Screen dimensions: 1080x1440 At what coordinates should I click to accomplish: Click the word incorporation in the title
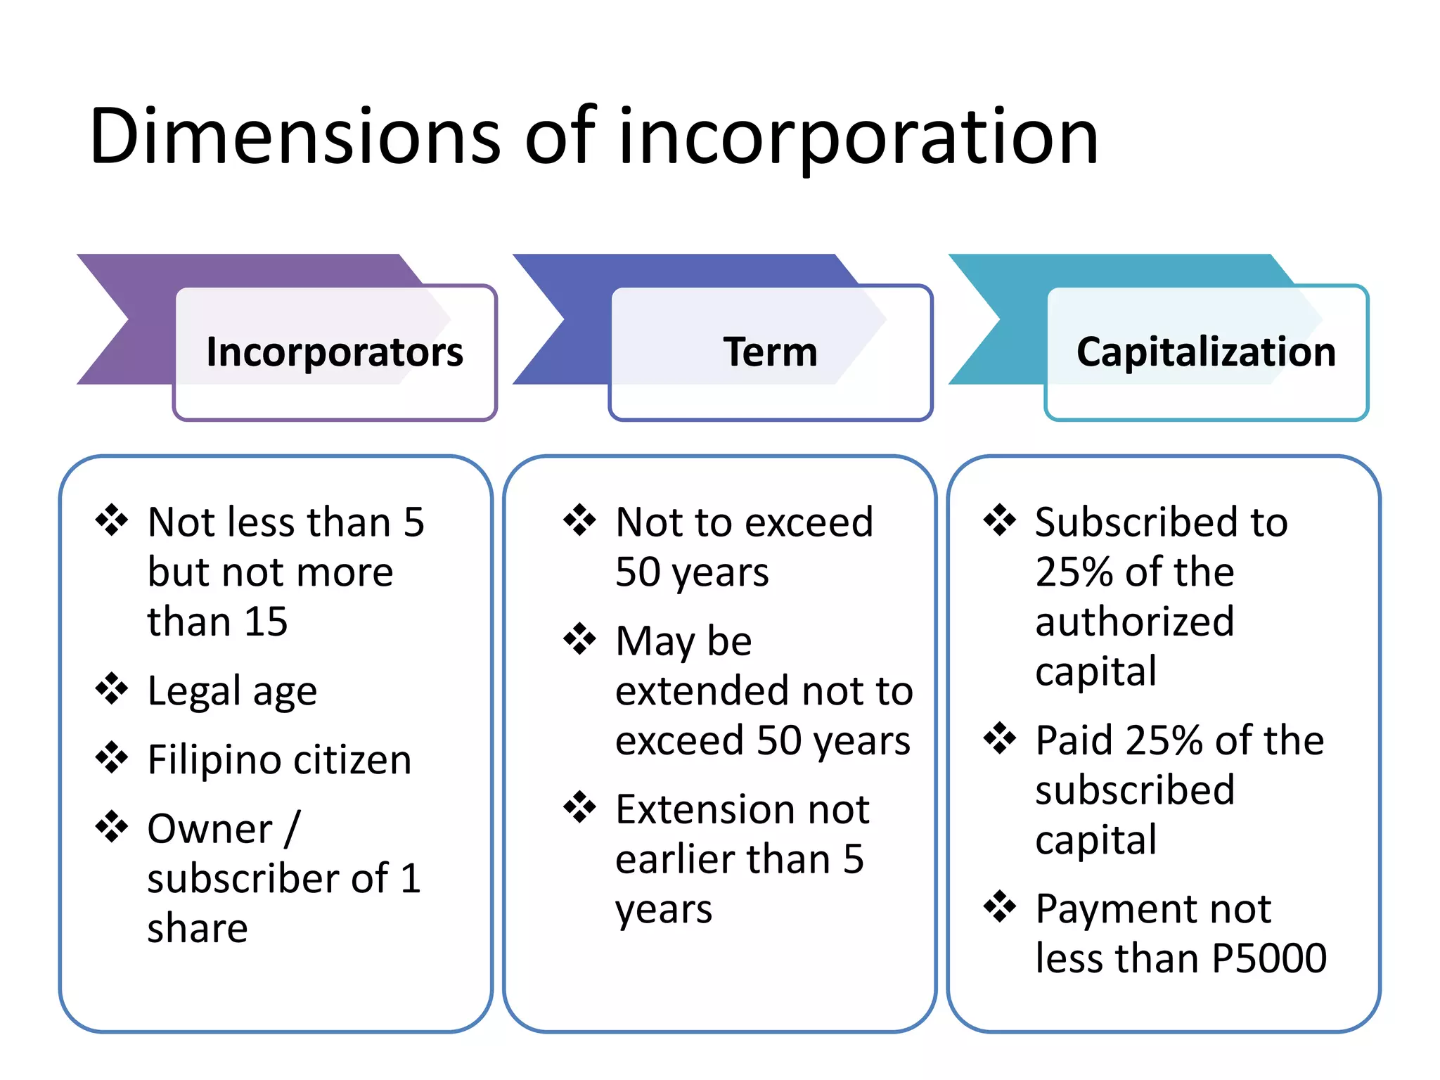pos(858,137)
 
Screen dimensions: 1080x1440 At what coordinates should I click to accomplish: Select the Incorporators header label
pos(335,352)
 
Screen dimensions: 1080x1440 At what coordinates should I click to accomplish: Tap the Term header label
pos(771,352)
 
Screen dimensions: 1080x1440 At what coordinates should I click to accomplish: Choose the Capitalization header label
pos(1206,352)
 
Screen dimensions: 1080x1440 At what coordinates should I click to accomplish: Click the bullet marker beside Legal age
pos(112,688)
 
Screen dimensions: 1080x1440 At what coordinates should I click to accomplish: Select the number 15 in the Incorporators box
pos(265,622)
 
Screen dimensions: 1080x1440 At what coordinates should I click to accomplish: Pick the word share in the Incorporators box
pos(198,928)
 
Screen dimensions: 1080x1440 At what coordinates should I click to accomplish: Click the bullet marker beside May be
pos(579,639)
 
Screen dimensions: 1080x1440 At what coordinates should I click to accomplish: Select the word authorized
pos(1134,622)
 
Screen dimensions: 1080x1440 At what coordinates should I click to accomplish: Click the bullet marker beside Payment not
pos(999,906)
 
